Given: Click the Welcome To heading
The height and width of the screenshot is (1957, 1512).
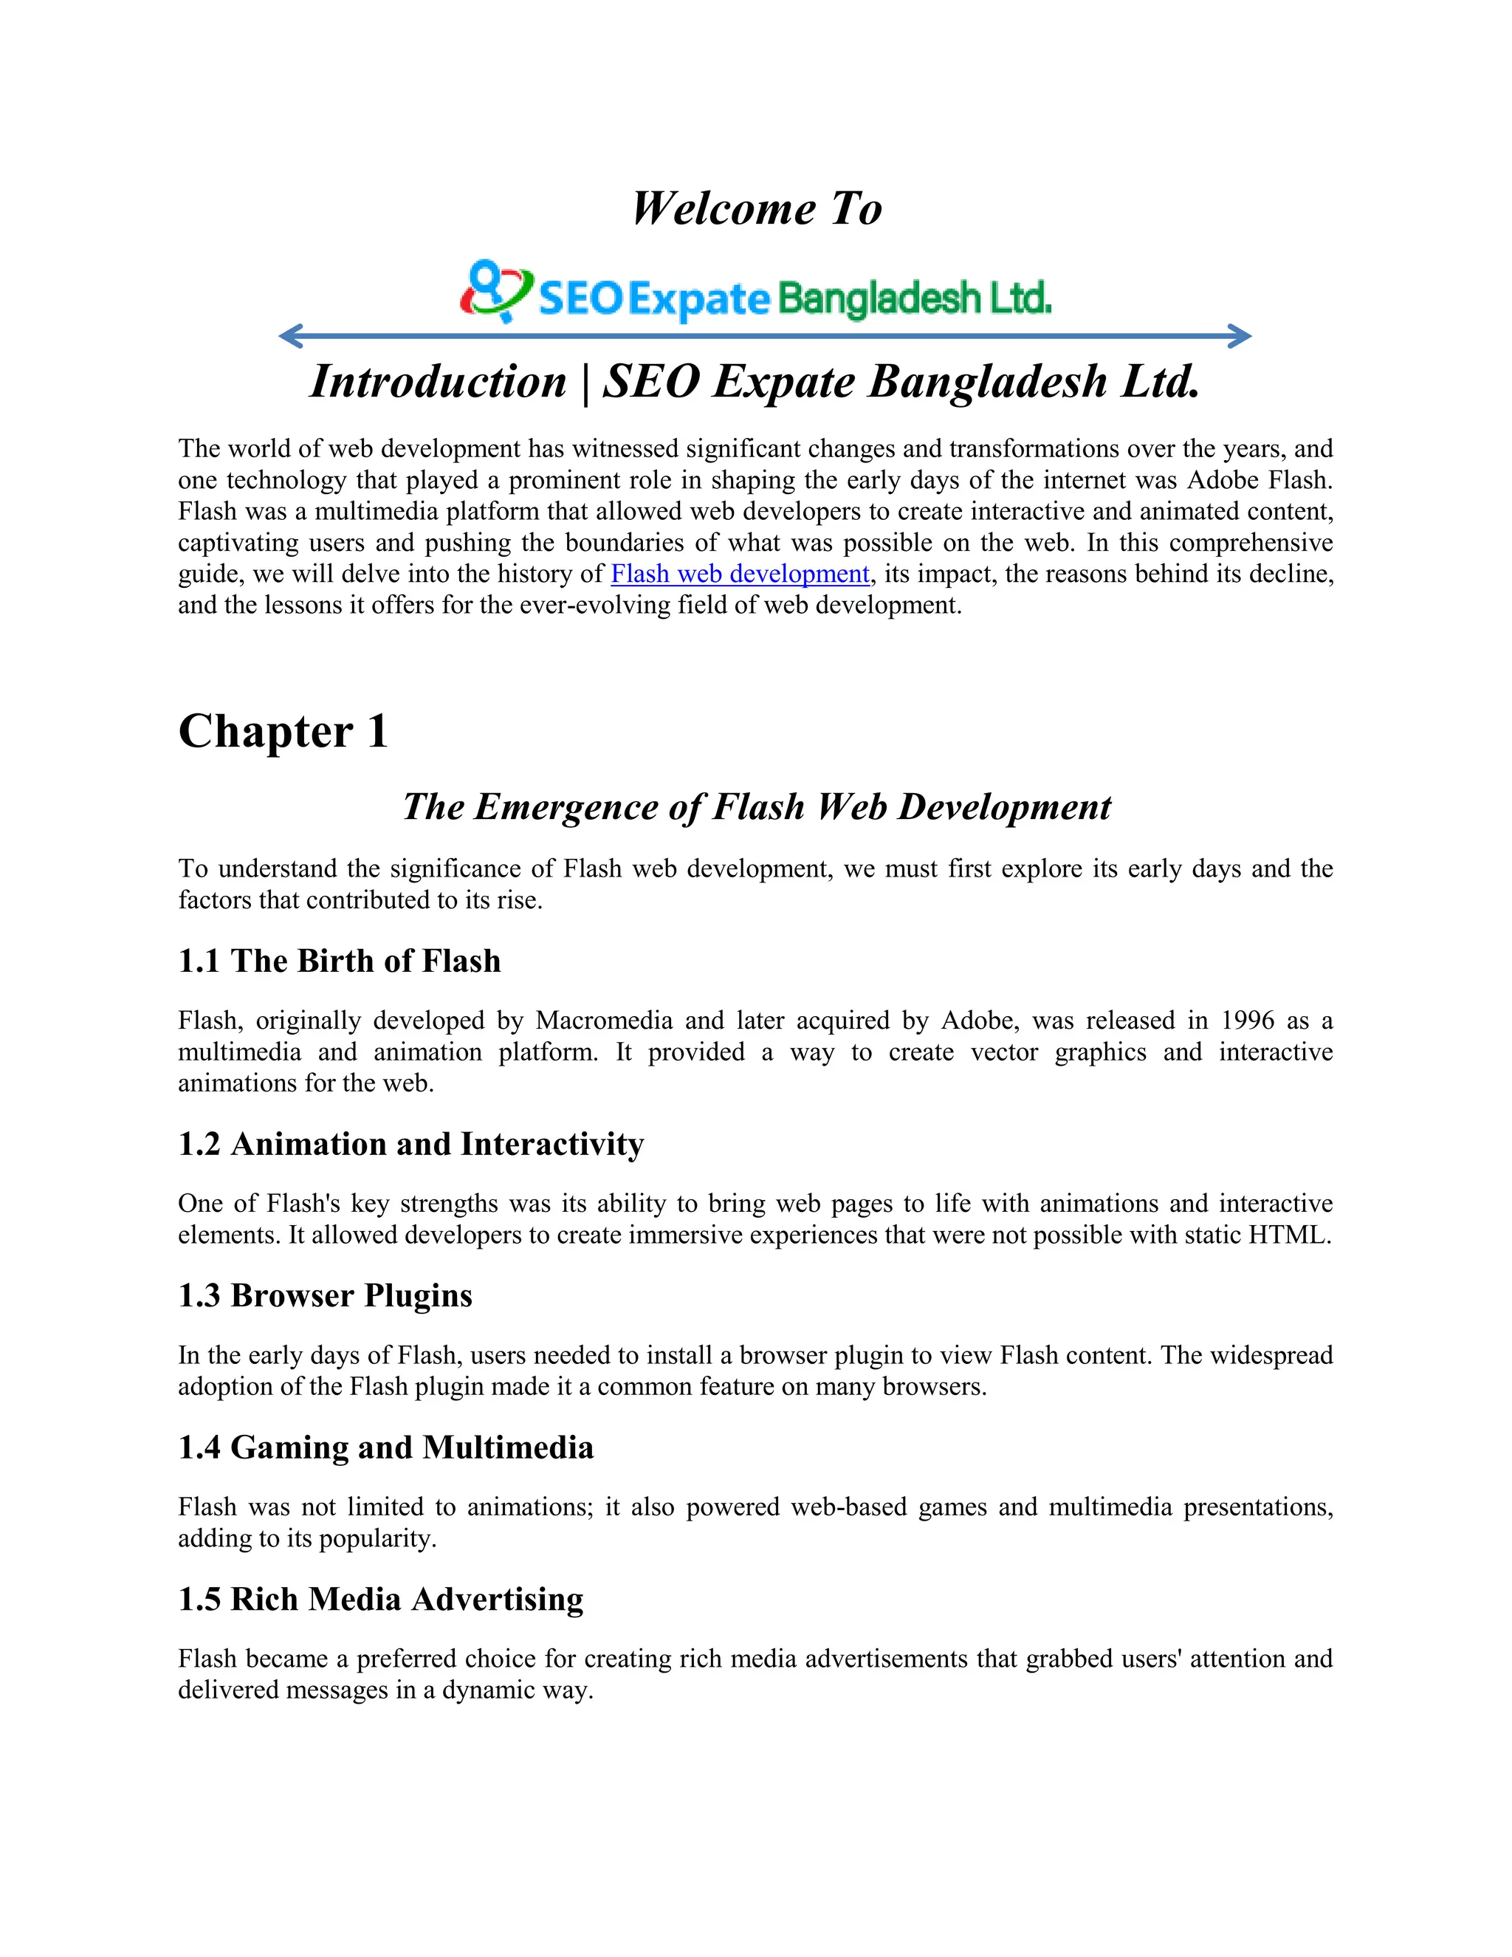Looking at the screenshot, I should [757, 209].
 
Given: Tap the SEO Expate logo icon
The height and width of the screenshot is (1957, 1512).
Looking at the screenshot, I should [495, 290].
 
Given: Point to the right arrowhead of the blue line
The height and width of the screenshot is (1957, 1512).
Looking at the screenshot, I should [1240, 337].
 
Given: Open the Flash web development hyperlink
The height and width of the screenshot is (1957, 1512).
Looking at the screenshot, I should [740, 575].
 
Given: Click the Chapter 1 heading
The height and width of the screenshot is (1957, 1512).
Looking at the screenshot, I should [283, 731].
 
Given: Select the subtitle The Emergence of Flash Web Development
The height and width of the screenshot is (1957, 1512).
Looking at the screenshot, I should [756, 806].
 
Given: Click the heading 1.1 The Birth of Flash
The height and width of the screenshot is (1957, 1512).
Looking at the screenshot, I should [340, 961].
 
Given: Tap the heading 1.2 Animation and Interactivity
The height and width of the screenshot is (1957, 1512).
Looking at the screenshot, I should [411, 1144].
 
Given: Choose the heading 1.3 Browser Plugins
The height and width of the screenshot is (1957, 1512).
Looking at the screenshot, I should [325, 1296].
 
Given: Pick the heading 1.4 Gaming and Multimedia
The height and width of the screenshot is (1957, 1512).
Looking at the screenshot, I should [386, 1447].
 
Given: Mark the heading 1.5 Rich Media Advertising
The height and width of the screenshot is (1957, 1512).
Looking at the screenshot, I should [381, 1599].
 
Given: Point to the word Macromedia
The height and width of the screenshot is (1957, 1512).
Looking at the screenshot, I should [604, 1021].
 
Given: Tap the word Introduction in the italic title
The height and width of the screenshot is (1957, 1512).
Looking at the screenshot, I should [438, 382].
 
